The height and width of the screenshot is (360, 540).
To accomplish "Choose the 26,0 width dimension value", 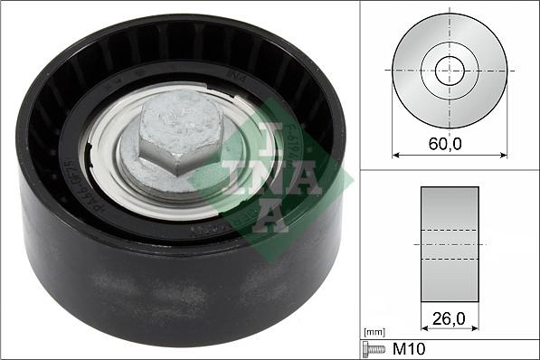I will click(450, 317).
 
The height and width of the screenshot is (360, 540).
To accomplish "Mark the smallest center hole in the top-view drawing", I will click(450, 71).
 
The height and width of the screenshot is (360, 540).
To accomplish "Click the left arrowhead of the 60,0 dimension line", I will click(395, 156).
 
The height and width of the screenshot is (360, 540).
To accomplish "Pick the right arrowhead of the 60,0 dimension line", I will click(504, 156).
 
